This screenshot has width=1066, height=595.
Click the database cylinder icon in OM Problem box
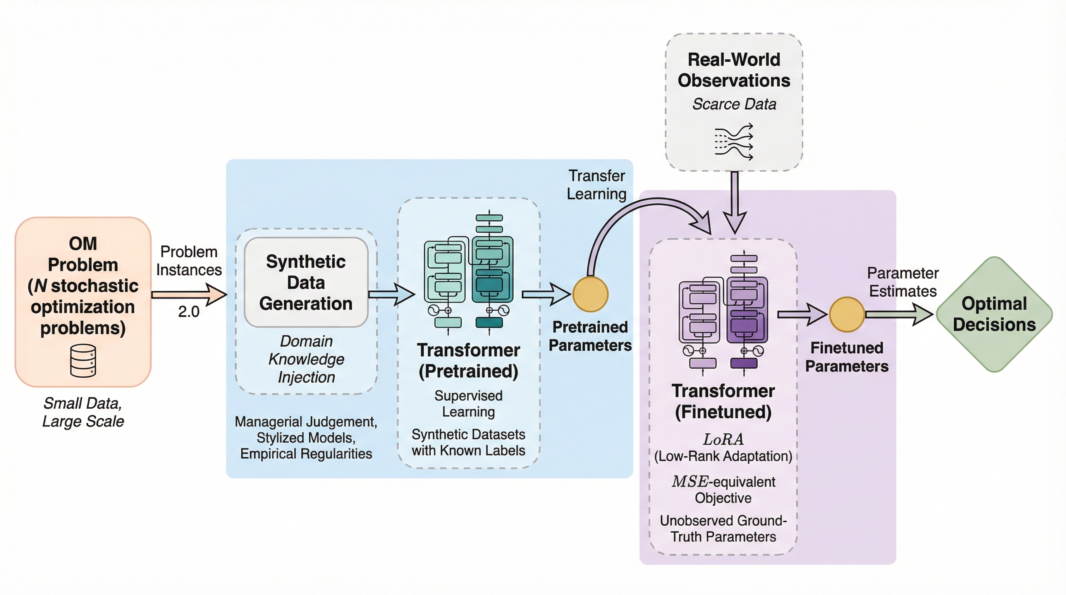83,360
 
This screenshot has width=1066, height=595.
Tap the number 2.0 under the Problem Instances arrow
189,311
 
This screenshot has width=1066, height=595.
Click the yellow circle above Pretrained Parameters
590,294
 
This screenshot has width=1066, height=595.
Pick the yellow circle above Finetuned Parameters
847,315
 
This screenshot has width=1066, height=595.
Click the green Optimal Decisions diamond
994,315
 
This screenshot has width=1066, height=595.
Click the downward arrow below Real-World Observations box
734,203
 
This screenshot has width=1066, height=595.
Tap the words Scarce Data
734,104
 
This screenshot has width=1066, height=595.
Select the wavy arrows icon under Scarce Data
734,142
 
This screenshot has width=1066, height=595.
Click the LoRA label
723,439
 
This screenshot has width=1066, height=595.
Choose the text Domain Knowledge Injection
306,359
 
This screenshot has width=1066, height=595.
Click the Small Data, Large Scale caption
83,412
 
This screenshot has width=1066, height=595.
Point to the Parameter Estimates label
903,282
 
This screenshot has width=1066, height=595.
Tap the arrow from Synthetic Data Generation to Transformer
391,294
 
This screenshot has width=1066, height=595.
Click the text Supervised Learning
468,403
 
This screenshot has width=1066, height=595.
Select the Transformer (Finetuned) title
723,401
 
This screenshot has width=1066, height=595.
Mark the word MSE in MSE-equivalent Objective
690,482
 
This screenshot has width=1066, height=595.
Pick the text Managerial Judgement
306,421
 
